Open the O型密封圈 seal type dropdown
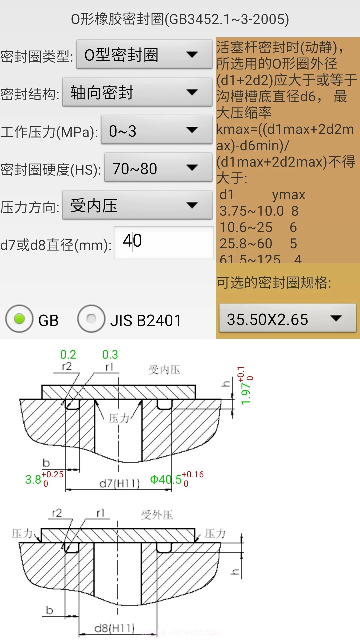pyautogui.click(x=144, y=55)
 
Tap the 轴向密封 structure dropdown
pyautogui.click(x=137, y=92)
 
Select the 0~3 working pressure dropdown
pyautogui.click(x=156, y=130)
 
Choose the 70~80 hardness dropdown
pyautogui.click(x=158, y=168)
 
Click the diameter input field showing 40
pyautogui.click(x=163, y=242)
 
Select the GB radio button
pyautogui.click(x=19, y=319)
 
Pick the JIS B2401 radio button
pyautogui.click(x=91, y=319)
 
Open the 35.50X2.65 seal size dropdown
pyautogui.click(x=287, y=319)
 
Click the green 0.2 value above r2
pyautogui.click(x=68, y=355)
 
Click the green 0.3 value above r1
pyautogui.click(x=110, y=355)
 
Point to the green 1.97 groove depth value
pyautogui.click(x=246, y=393)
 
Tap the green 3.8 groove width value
pyautogui.click(x=33, y=480)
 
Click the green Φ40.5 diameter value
pyautogui.click(x=166, y=480)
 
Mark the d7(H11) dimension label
pyautogui.click(x=119, y=483)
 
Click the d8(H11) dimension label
pyautogui.click(x=114, y=629)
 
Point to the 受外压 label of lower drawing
pyautogui.click(x=157, y=515)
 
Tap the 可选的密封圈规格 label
pyautogui.click(x=274, y=283)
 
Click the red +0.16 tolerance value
pyautogui.click(x=192, y=474)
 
